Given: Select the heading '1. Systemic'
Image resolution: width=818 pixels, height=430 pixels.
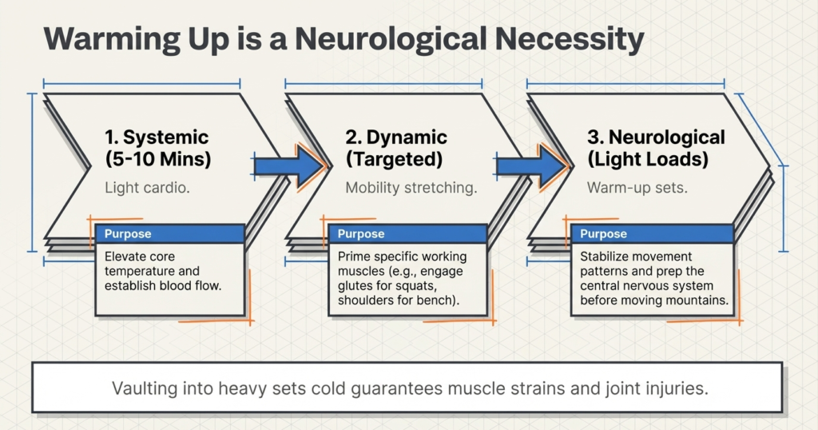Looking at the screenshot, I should coord(157,137).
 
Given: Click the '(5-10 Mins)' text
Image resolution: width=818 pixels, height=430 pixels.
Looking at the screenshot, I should coord(158,159).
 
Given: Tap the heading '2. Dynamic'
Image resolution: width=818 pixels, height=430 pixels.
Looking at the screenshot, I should coord(396,137).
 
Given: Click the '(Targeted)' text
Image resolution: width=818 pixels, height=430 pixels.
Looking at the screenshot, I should coord(394,159).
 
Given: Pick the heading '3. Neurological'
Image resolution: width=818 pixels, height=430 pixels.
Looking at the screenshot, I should coord(656,137).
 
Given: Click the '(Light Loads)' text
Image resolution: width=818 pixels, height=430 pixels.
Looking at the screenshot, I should coord(648,159).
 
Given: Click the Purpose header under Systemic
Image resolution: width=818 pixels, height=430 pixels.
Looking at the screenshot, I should coord(128,234).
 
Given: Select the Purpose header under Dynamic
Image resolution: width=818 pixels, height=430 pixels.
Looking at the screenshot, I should coord(361,234).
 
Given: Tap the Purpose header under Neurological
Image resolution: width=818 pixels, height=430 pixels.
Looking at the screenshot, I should coord(604,234).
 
